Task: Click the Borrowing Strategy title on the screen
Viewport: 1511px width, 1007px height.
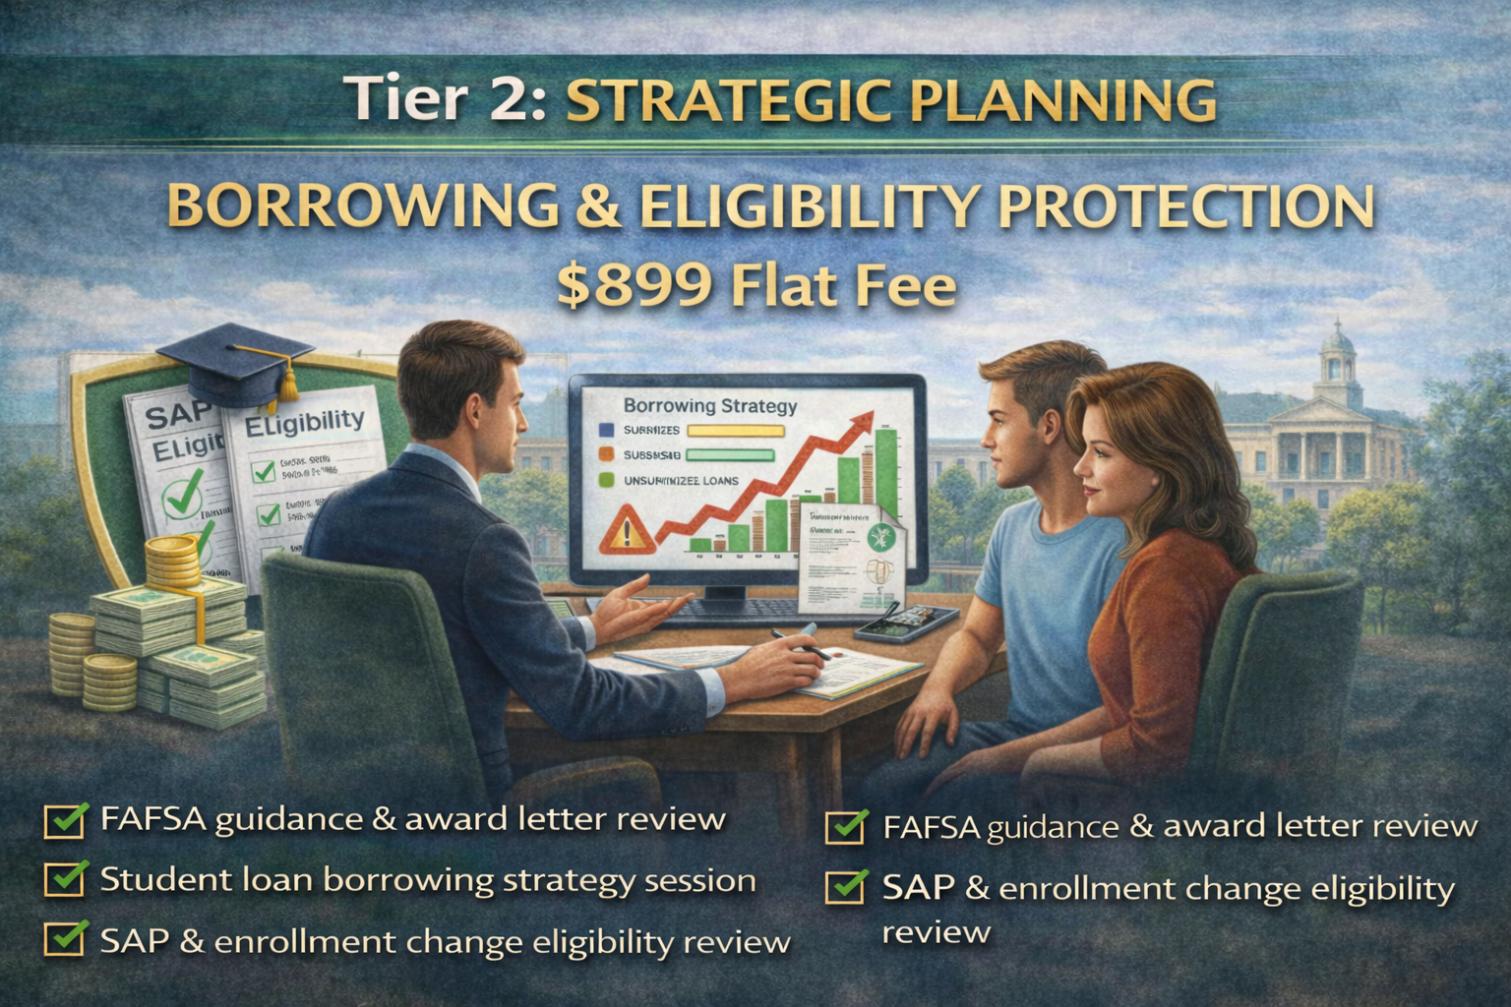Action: click(710, 404)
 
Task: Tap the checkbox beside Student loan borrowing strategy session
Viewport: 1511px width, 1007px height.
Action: click(64, 879)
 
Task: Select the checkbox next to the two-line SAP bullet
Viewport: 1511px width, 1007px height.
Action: click(846, 888)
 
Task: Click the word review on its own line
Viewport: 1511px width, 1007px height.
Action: click(935, 931)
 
